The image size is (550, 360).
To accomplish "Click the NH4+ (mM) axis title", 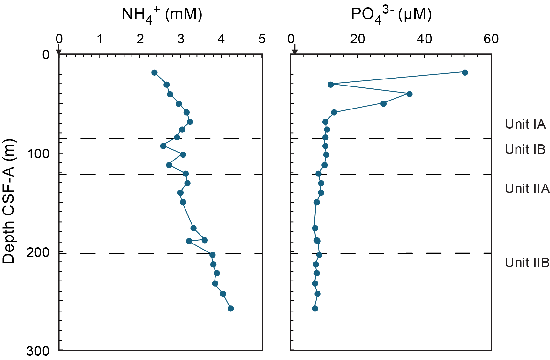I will point(162,15).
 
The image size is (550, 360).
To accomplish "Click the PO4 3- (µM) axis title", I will point(391,15).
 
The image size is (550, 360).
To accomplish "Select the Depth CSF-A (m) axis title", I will point(9,201).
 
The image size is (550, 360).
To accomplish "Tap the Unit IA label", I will point(525,124).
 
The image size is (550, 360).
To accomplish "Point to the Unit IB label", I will point(525,149).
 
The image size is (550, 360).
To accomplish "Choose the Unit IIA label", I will point(527,189).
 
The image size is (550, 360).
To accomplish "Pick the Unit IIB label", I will point(527,263).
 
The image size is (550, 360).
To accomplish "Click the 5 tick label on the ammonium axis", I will point(262,39).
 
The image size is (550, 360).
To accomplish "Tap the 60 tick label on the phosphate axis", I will point(491,39).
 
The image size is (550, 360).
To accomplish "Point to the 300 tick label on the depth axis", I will point(38,351).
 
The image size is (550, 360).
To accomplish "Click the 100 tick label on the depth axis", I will point(38,154).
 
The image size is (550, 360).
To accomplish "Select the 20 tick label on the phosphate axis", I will point(358,39).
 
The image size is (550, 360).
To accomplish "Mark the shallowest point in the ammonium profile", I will point(154,73).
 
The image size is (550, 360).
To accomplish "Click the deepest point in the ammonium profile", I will point(230,309).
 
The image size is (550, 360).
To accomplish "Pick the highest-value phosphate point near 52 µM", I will point(465,72).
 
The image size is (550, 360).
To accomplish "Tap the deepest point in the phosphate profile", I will point(315,309).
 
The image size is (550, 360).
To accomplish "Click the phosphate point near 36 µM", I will point(410,94).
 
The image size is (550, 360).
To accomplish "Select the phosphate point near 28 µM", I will point(383,104).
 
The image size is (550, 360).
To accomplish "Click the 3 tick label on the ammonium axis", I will point(181,39).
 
